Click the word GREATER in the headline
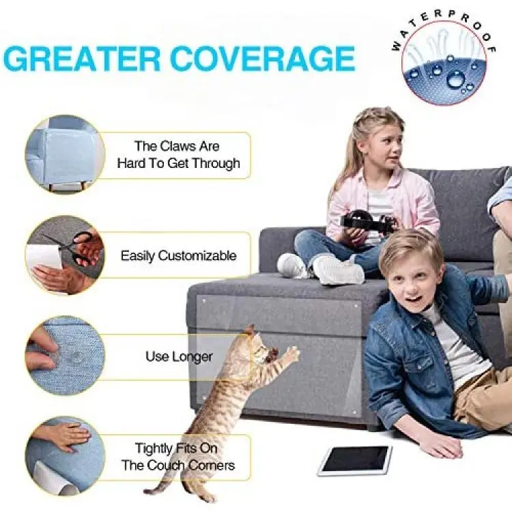82,59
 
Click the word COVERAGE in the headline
262,59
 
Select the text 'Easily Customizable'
178,256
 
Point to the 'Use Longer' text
179,356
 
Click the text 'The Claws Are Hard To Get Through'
178,154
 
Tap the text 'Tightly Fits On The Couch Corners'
178,457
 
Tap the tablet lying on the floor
354,460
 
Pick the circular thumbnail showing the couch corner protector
65,154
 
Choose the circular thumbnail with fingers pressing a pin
65,355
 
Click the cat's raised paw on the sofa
294,354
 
